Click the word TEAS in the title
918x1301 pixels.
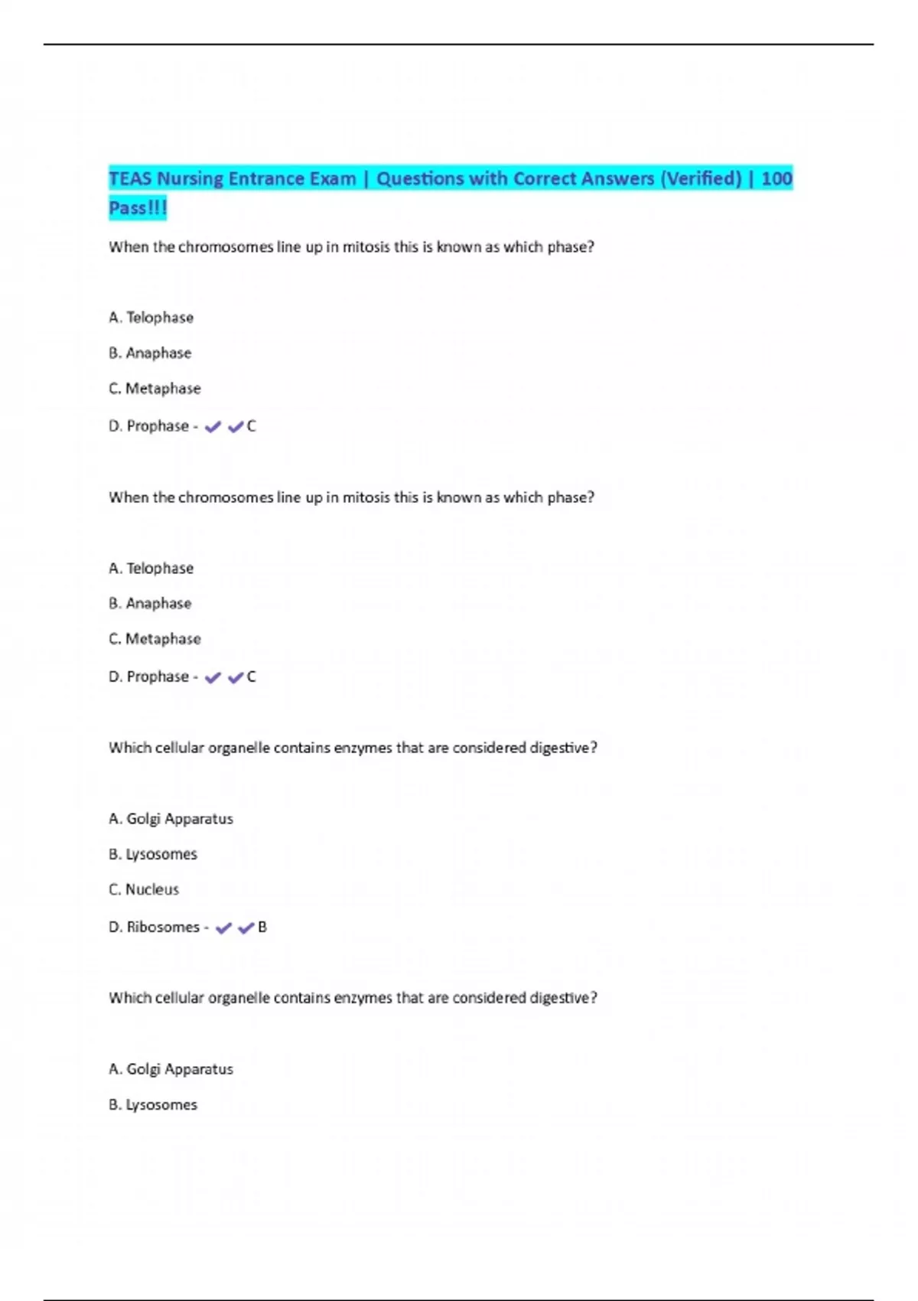point(130,179)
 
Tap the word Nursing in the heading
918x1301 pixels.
point(190,179)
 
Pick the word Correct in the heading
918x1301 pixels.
point(544,179)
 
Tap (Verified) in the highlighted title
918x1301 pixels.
point(701,179)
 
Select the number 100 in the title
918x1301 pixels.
point(776,179)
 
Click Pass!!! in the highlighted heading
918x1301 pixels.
point(138,208)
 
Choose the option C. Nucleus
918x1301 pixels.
point(144,889)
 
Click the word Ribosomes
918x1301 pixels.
point(163,927)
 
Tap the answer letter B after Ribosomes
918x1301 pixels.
point(262,927)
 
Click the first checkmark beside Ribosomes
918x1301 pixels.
point(223,928)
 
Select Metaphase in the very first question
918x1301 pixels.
point(162,389)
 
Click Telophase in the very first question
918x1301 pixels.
point(159,318)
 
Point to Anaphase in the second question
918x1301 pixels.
point(158,603)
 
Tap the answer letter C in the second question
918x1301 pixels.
point(251,677)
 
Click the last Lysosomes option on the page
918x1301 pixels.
point(161,1104)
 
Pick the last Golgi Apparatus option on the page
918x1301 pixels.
point(179,1069)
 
